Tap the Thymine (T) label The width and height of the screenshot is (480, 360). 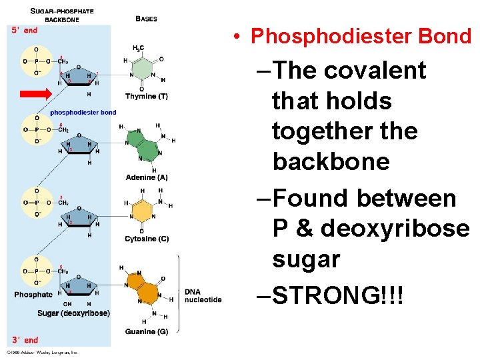(x=146, y=97)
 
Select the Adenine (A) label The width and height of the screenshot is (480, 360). (x=146, y=177)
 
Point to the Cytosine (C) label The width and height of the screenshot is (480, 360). (x=146, y=239)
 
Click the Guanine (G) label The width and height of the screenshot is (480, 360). (x=146, y=331)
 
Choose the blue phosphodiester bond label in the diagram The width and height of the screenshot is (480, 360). (x=83, y=112)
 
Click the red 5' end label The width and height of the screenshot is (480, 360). (x=24, y=30)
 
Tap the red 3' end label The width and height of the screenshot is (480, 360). (x=25, y=340)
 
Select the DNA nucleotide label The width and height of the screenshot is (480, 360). (x=203, y=295)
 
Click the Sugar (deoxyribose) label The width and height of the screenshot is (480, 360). (x=73, y=313)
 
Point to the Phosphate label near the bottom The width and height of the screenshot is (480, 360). (x=33, y=295)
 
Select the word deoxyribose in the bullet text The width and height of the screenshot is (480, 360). (x=394, y=229)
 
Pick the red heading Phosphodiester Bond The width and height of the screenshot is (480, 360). (x=361, y=36)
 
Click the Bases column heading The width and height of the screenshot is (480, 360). (x=146, y=19)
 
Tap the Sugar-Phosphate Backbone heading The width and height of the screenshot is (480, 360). (x=62, y=15)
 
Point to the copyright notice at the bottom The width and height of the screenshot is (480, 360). (x=43, y=351)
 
